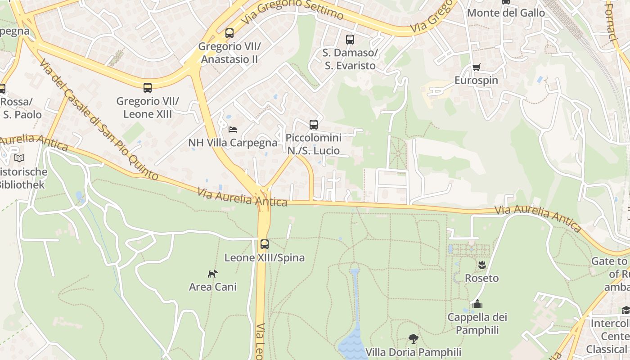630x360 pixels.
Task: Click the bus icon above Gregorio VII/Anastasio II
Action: point(229,33)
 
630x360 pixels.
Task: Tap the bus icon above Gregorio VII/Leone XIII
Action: point(148,88)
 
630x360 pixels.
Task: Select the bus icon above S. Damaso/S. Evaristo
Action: point(350,40)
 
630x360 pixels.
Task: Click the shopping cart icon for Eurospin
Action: point(476,67)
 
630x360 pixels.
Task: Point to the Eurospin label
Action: point(476,81)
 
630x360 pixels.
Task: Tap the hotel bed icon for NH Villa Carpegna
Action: point(233,130)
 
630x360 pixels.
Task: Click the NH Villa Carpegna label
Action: point(233,143)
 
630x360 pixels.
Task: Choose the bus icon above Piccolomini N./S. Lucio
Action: point(314,125)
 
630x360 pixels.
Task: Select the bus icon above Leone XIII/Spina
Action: point(265,244)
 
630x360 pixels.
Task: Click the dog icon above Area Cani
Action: point(213,273)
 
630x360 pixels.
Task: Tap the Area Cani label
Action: point(213,287)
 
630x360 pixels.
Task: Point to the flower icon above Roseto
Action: point(482,265)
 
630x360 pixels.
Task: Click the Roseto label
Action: point(482,278)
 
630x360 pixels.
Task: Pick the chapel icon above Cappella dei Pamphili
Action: point(477,304)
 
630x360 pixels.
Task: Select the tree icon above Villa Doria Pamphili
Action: point(413,338)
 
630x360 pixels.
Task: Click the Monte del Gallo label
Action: point(506,13)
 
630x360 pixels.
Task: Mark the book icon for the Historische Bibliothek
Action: point(19,158)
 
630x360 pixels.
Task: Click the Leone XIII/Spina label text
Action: point(265,258)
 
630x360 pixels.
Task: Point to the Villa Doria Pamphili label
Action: point(413,352)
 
